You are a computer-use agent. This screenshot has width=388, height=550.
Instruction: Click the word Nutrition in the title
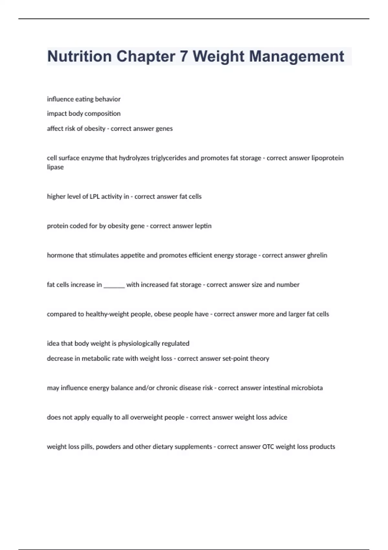pos(79,56)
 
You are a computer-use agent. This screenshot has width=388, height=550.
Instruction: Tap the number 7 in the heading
pos(184,56)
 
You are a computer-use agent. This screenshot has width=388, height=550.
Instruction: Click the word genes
pos(164,129)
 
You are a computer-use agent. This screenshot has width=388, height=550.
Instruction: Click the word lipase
pos(55,167)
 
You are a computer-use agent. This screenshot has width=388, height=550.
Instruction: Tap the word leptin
pos(203,226)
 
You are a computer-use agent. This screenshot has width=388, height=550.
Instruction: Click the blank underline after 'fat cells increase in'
pos(114,285)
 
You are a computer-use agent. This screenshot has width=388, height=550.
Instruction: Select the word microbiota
pos(307,388)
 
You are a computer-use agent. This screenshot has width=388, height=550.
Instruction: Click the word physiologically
pos(139,344)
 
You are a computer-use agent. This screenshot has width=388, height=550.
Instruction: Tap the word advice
pos(278,417)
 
